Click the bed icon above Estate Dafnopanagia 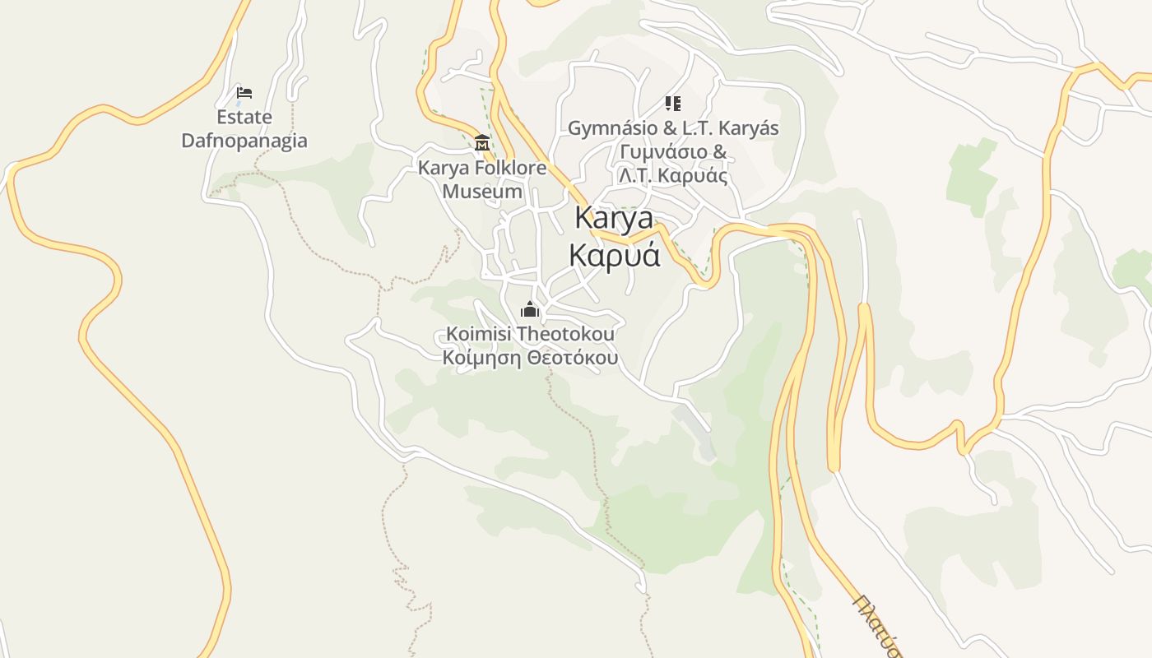coord(244,93)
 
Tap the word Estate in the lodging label coord(244,118)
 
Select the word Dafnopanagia coord(244,141)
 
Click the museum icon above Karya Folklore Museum coord(482,143)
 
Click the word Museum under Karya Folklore coord(482,192)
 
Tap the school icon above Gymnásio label coord(673,104)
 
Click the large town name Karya coord(614,219)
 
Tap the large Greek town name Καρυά coord(615,255)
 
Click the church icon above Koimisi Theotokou coord(529,310)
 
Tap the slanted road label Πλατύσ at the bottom coord(877,625)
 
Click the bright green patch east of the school coord(971,177)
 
